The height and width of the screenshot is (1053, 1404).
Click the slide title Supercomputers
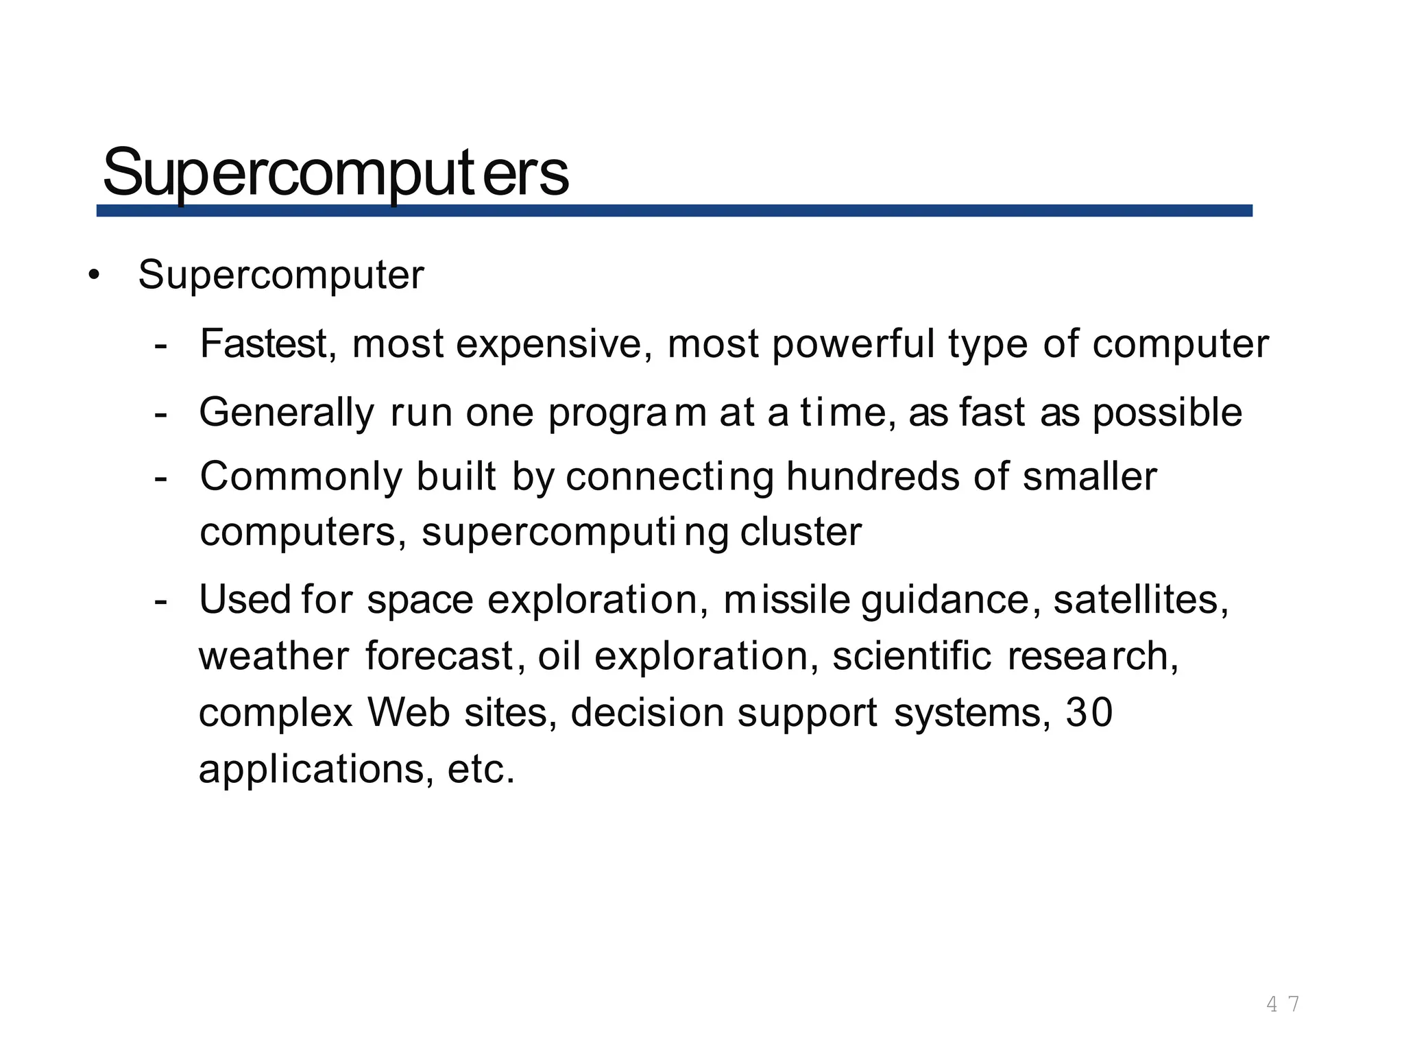click(335, 173)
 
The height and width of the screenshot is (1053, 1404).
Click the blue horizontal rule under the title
click(674, 210)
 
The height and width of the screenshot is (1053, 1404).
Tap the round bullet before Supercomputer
click(94, 276)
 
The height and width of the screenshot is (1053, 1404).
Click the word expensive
click(554, 343)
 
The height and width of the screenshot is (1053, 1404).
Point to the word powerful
click(853, 343)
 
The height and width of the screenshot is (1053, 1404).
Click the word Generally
click(287, 413)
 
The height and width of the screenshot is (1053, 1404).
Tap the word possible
click(1167, 412)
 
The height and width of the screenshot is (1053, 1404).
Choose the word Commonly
click(301, 477)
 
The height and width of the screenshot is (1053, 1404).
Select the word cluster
click(801, 532)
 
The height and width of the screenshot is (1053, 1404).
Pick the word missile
click(786, 600)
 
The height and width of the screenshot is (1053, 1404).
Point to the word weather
click(274, 656)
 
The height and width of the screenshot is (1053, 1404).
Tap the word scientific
click(912, 656)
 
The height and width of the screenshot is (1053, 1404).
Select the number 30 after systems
click(1089, 713)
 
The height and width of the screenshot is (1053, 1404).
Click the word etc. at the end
click(481, 769)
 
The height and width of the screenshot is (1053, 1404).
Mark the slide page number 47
click(1282, 1004)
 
